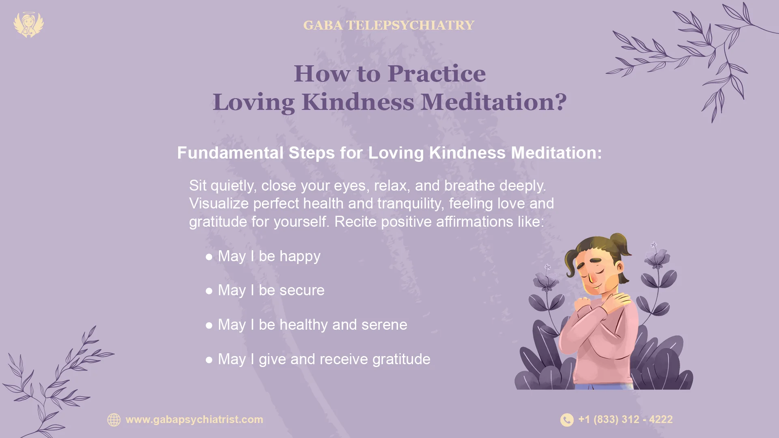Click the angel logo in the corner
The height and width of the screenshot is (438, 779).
28,25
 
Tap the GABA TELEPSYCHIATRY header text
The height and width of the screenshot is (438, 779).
388,25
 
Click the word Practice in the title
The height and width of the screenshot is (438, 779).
436,73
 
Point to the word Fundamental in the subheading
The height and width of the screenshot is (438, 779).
230,153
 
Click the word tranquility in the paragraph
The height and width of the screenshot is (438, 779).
410,204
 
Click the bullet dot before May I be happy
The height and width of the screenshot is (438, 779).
209,257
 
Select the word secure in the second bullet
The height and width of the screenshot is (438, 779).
302,290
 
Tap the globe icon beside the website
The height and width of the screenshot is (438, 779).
114,420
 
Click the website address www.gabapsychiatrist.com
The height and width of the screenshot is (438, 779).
194,419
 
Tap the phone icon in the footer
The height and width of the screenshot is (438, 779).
567,420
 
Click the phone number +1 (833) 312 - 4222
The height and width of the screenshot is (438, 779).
625,419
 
